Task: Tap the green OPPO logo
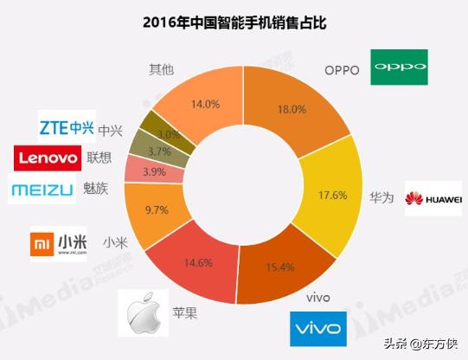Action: point(401,67)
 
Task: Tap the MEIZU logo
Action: point(41,190)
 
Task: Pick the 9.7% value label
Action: point(156,209)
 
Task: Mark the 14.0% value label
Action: point(204,104)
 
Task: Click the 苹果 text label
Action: point(185,312)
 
